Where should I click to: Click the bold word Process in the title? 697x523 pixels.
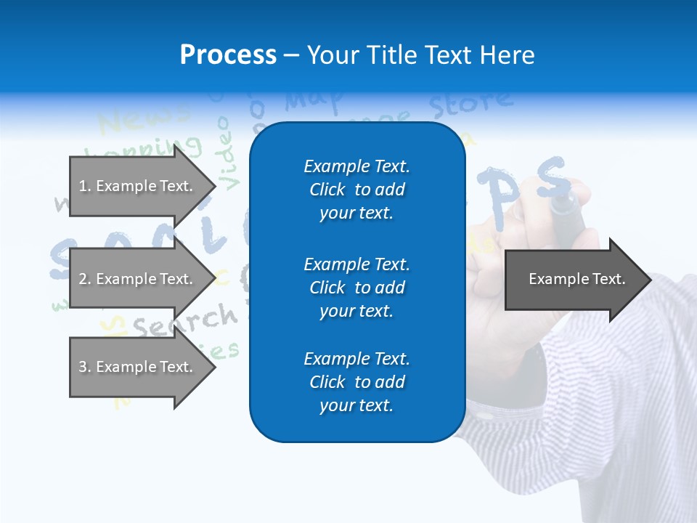(x=228, y=55)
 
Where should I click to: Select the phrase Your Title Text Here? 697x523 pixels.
(x=420, y=55)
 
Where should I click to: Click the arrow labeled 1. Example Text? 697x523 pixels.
(x=138, y=186)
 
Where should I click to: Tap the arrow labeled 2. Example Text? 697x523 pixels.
(x=138, y=279)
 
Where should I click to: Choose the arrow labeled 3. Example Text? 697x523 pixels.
(x=138, y=367)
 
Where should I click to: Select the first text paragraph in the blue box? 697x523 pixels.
(x=356, y=190)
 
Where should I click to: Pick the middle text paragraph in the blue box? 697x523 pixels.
(x=356, y=288)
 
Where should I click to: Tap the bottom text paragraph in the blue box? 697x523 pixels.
(x=356, y=382)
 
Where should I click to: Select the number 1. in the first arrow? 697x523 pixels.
(x=84, y=186)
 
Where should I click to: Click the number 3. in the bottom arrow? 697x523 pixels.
(x=84, y=367)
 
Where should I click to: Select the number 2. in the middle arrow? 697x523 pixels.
(x=84, y=279)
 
